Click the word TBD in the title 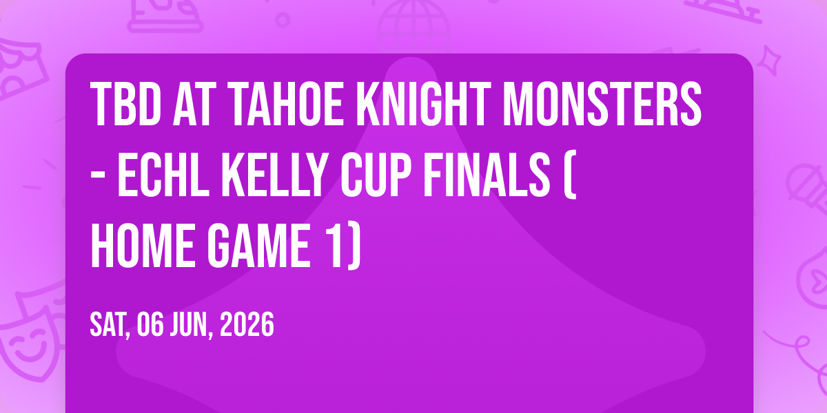point(126,104)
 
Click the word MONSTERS point(602,104)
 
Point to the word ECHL point(163,175)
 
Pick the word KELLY point(276,175)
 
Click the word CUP point(376,175)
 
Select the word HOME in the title point(143,246)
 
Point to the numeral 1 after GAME point(333,246)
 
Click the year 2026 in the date point(247,324)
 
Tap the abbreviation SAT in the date point(109,325)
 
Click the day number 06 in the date point(150,324)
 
